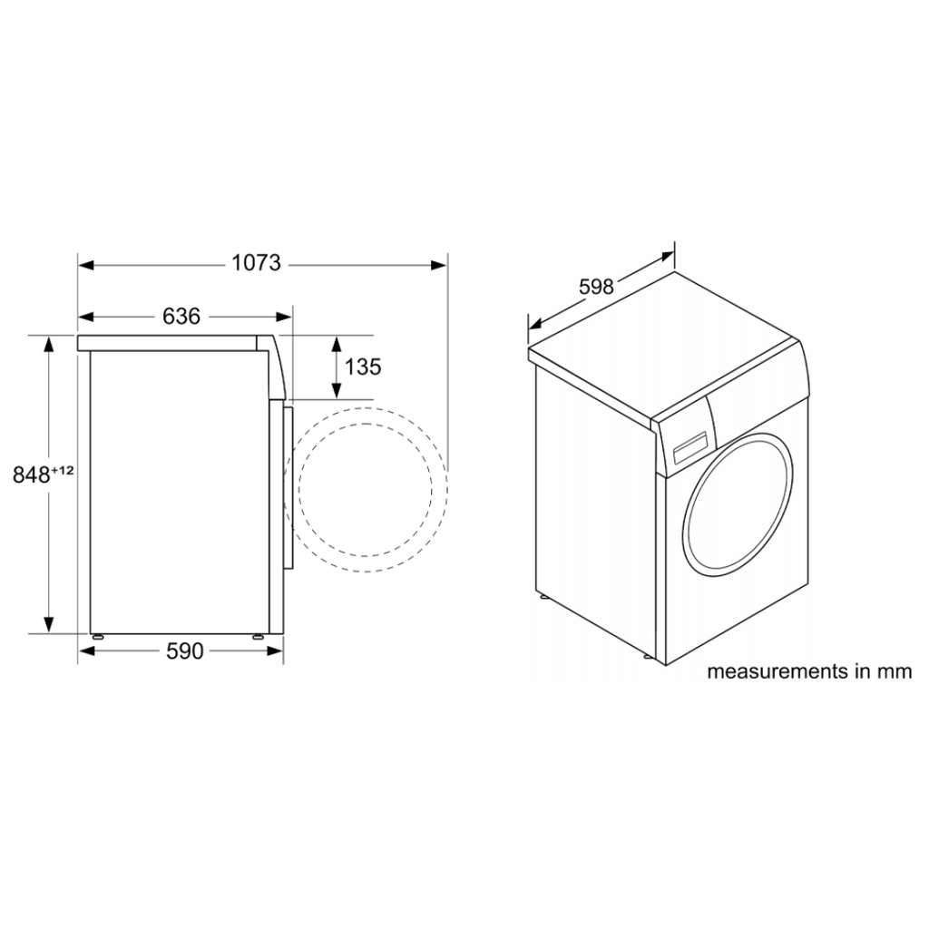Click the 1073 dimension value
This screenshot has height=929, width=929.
256,262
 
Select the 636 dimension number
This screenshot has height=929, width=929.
181,317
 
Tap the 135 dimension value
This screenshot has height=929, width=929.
363,367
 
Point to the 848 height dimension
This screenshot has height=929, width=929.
32,474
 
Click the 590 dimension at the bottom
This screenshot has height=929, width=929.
185,651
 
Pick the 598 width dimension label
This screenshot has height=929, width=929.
596,287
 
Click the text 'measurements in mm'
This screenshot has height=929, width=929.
809,672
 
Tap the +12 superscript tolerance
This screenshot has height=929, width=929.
63,471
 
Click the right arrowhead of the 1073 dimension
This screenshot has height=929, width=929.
439,265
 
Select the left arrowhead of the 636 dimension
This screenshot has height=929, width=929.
86,317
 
